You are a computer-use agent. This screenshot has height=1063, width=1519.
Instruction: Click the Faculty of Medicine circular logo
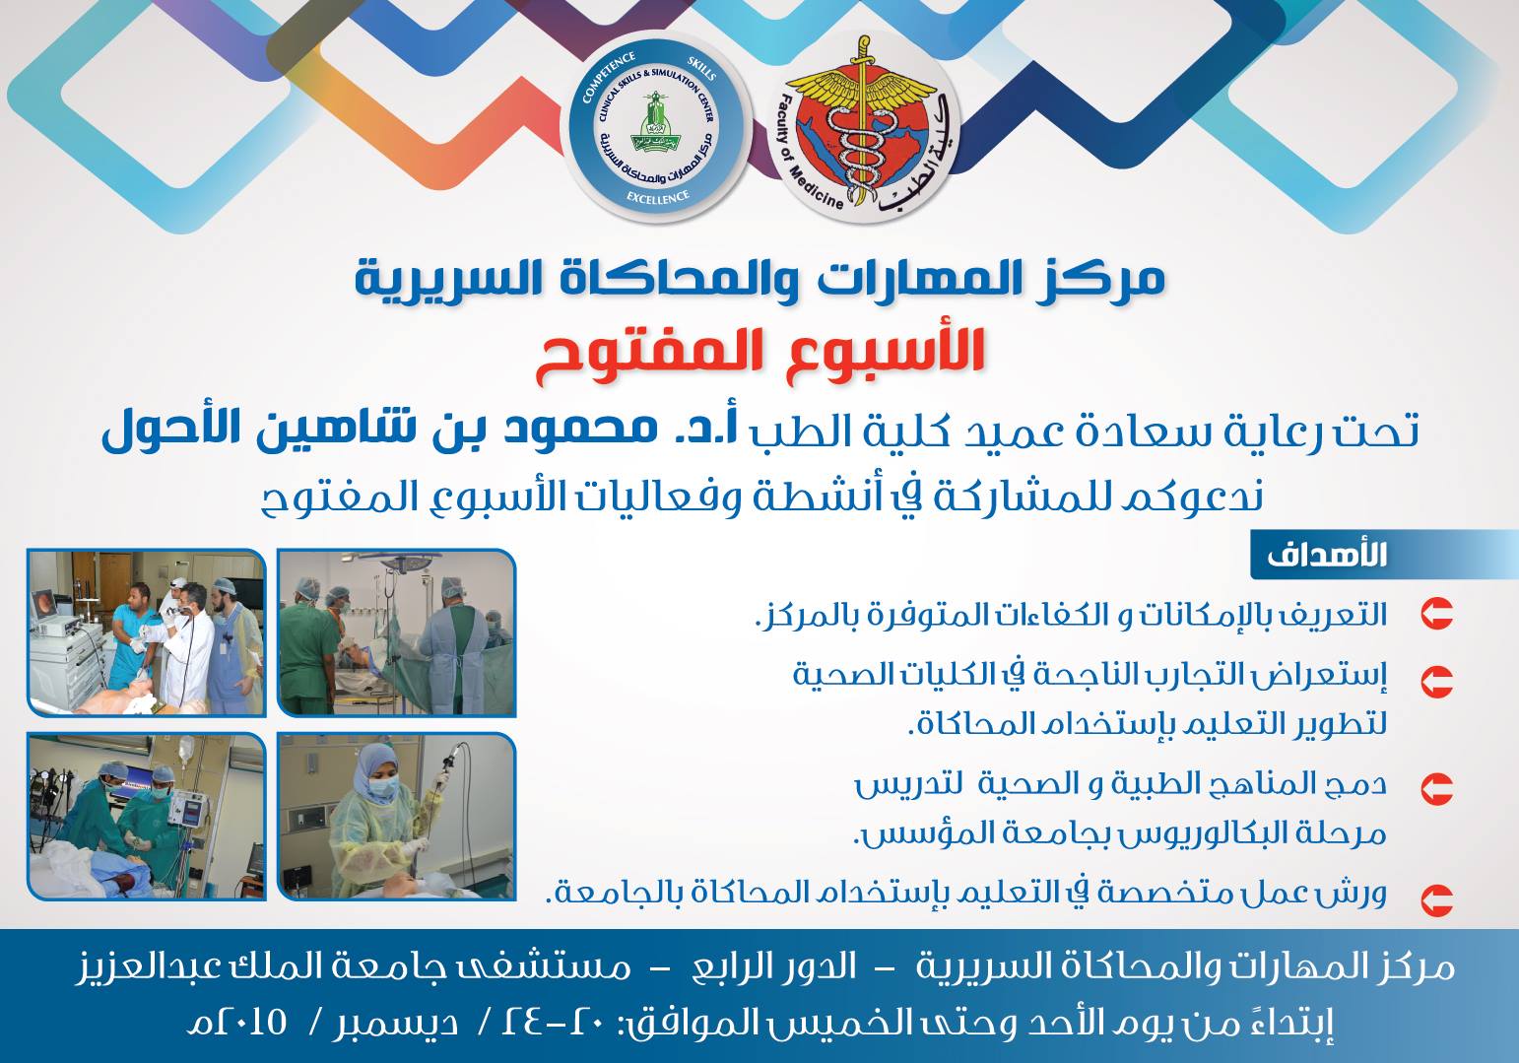pyautogui.click(x=864, y=125)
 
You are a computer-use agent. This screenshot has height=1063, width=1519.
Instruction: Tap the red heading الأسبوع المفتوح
pyautogui.click(x=759, y=357)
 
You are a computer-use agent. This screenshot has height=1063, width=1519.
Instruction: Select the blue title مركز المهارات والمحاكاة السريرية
pyautogui.click(x=759, y=278)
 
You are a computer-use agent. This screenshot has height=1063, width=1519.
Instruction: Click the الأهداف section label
pyautogui.click(x=1326, y=555)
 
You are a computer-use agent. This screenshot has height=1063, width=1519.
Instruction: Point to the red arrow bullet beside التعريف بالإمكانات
pyautogui.click(x=1436, y=614)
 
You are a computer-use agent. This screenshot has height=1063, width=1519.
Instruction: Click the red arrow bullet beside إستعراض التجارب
pyautogui.click(x=1436, y=681)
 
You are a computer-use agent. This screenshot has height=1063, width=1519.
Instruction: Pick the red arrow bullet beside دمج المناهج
pyautogui.click(x=1436, y=789)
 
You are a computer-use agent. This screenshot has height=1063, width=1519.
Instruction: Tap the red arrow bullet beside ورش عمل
pyautogui.click(x=1436, y=900)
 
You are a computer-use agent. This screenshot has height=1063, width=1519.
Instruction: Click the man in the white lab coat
pyautogui.click(x=187, y=644)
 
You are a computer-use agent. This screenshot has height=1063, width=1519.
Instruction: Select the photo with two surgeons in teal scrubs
pyautogui.click(x=147, y=816)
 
